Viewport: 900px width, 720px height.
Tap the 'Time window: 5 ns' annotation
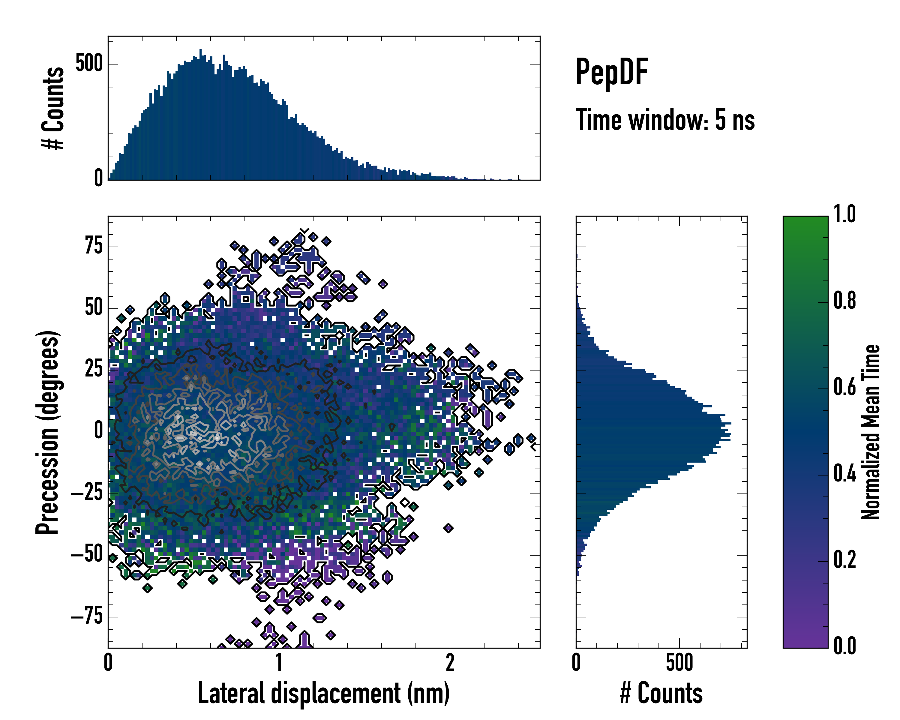[x=665, y=120]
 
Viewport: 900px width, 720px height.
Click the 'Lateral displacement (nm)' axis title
[x=323, y=693]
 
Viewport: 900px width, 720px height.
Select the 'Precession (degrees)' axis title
[x=47, y=432]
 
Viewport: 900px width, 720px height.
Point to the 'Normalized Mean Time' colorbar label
[x=871, y=432]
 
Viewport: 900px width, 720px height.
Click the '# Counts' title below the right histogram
[x=661, y=693]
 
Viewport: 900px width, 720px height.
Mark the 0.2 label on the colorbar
[x=844, y=560]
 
